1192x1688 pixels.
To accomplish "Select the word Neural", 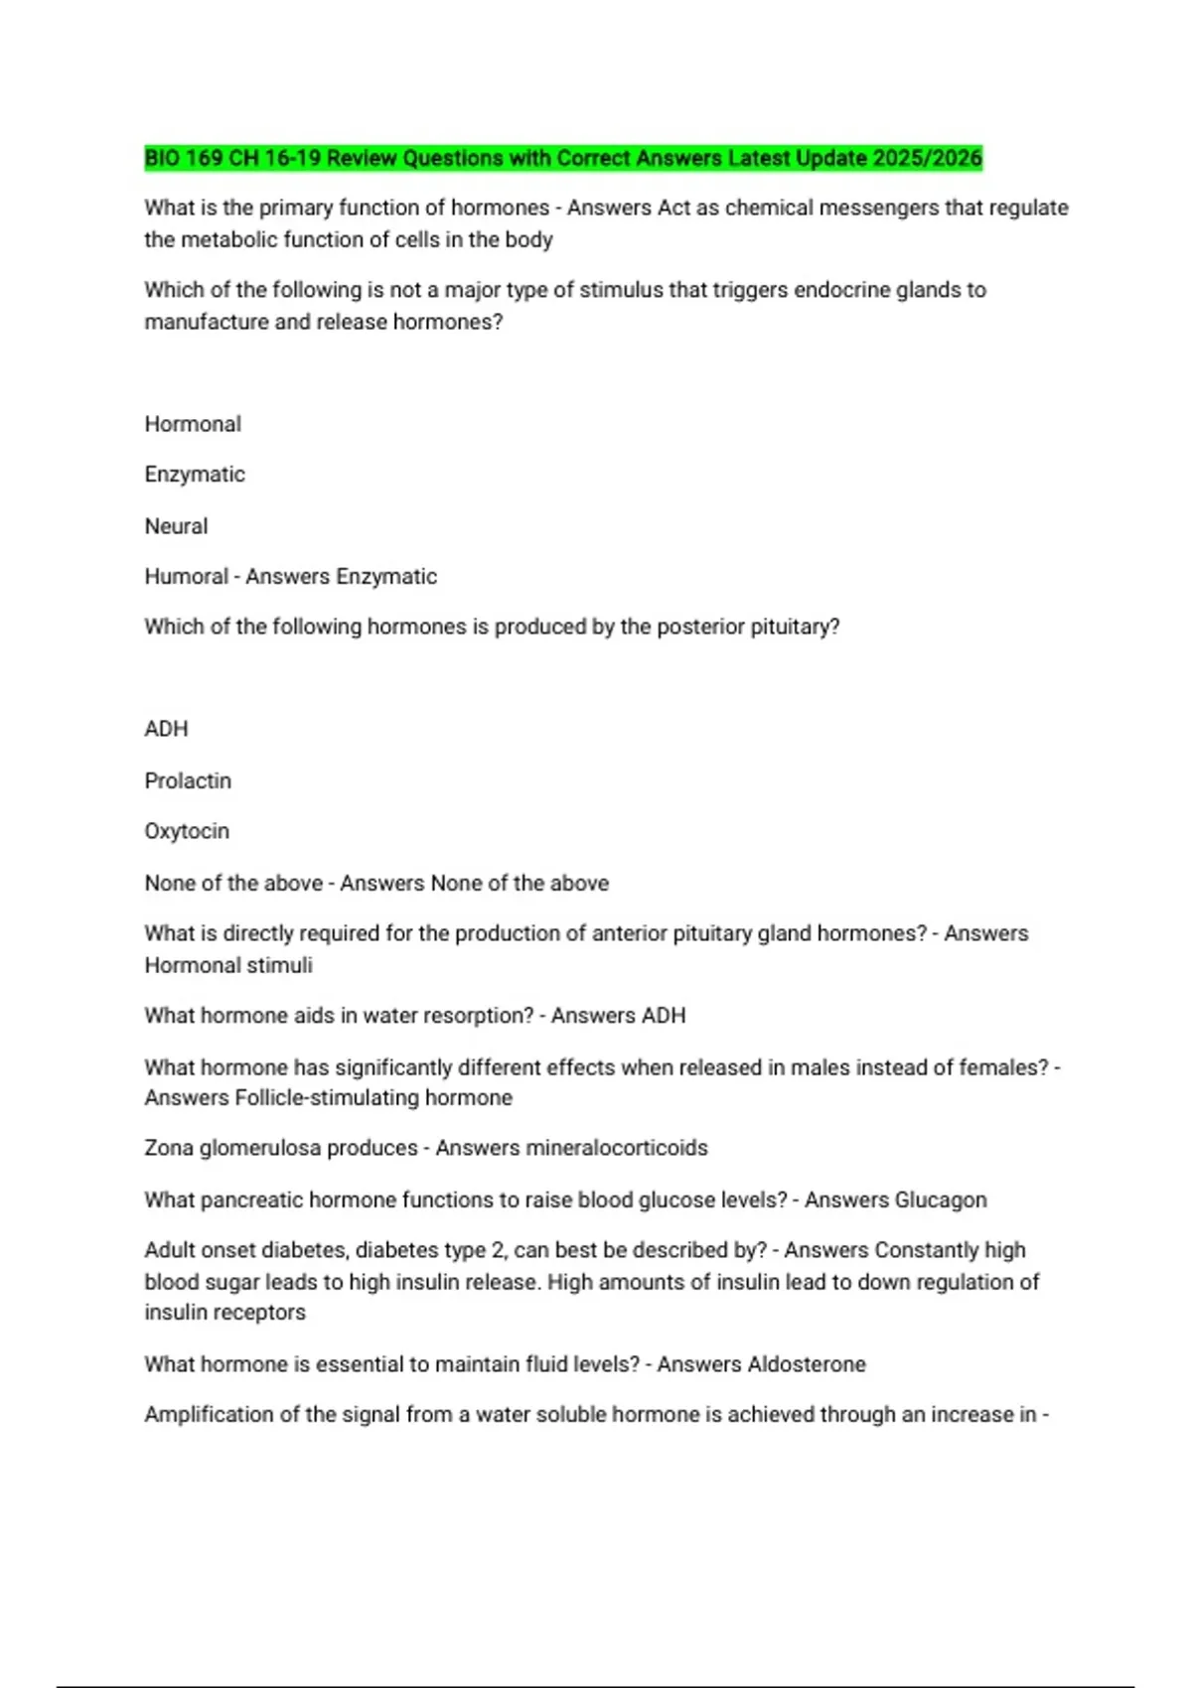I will click(176, 526).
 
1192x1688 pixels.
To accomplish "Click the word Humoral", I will click(186, 577).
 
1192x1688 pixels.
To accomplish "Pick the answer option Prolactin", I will click(188, 781).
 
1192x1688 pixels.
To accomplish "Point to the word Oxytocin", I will click(187, 831).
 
